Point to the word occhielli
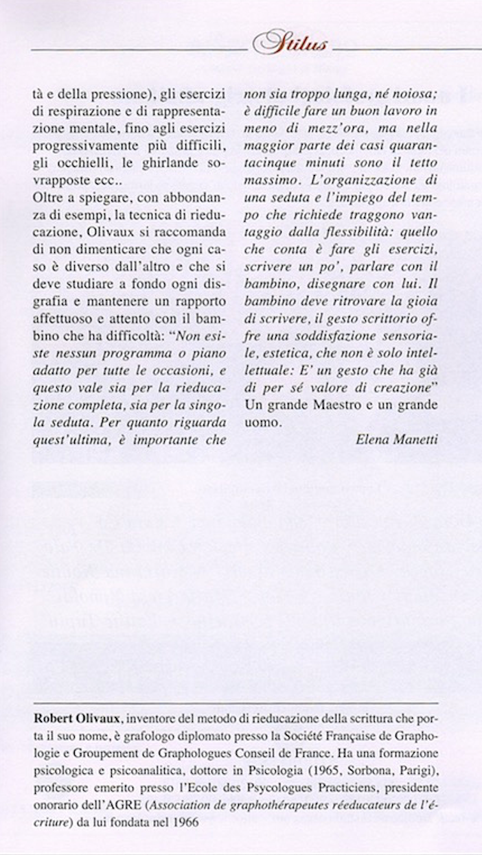82,163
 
